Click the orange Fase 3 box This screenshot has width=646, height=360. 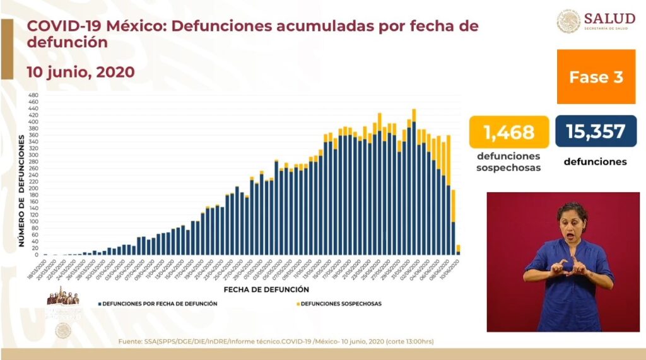coord(596,77)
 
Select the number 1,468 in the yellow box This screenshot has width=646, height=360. coord(508,132)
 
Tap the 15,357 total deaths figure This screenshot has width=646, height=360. coord(596,132)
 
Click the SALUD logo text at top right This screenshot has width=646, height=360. coord(609,18)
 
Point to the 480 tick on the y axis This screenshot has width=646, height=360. coord(33,95)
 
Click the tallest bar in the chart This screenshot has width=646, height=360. coord(414,183)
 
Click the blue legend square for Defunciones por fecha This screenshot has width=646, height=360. coord(100,304)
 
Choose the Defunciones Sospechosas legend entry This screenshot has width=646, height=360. coord(341,304)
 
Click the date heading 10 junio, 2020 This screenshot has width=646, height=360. coord(80,72)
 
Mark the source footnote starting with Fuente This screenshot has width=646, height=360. coord(276,342)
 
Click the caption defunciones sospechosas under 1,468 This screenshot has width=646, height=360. coord(508,161)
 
